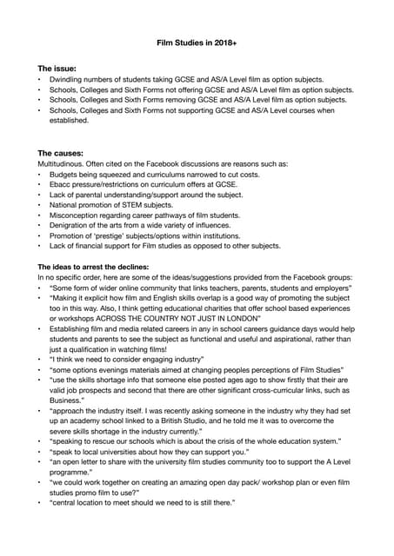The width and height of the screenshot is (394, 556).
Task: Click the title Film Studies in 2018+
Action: click(x=197, y=41)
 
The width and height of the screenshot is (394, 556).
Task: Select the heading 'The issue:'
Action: click(x=57, y=68)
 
